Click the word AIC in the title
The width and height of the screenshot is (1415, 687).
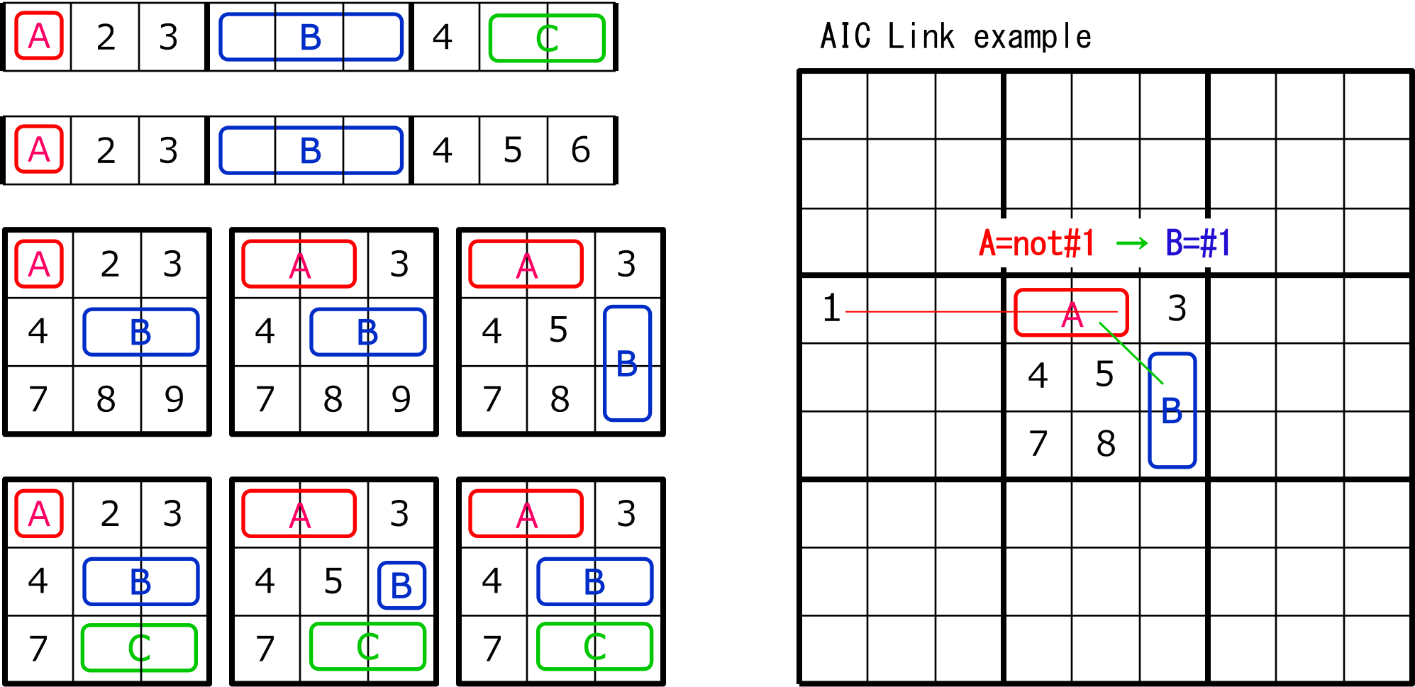845,36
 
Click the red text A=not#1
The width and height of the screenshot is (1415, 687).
1036,243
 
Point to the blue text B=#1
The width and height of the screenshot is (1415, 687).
1198,243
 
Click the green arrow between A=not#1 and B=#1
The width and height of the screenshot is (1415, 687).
1131,244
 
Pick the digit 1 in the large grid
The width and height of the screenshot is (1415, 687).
831,309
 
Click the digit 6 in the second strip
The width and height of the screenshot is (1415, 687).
580,150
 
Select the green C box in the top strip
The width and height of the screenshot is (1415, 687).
547,38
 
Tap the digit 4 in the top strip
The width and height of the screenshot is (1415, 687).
443,37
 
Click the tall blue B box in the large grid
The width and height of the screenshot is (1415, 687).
1172,410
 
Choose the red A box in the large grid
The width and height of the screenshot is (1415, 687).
1071,312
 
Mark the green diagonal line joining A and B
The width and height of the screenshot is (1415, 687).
1131,353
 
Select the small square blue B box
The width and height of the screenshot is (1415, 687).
401,586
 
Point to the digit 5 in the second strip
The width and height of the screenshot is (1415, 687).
512,150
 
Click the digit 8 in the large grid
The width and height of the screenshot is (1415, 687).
1106,445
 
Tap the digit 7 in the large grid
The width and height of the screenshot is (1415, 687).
1038,445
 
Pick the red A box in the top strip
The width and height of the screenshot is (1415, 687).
39,36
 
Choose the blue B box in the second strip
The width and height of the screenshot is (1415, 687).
311,150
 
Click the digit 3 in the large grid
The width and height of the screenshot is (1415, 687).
1177,309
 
